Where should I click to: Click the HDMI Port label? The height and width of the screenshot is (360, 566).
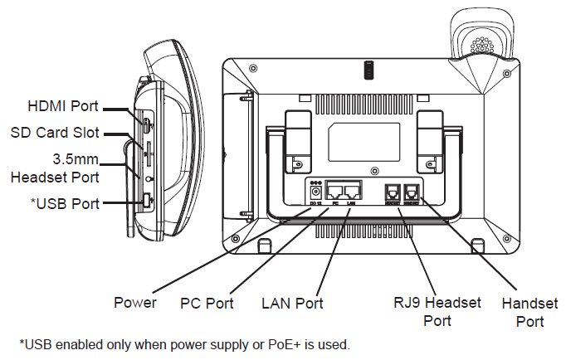coord(63,106)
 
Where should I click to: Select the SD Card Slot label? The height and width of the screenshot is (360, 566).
coord(55,132)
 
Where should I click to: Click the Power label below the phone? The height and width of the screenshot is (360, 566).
coord(135,303)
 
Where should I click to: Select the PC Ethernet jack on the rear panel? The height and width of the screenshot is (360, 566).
coord(335,190)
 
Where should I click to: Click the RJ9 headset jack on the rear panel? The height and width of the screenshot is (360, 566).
coord(392,191)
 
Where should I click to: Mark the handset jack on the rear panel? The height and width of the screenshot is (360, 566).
coord(411,191)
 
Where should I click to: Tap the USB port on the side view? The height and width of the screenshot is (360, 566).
coord(145,201)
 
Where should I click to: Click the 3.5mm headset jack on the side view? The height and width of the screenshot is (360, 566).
coord(148,178)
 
